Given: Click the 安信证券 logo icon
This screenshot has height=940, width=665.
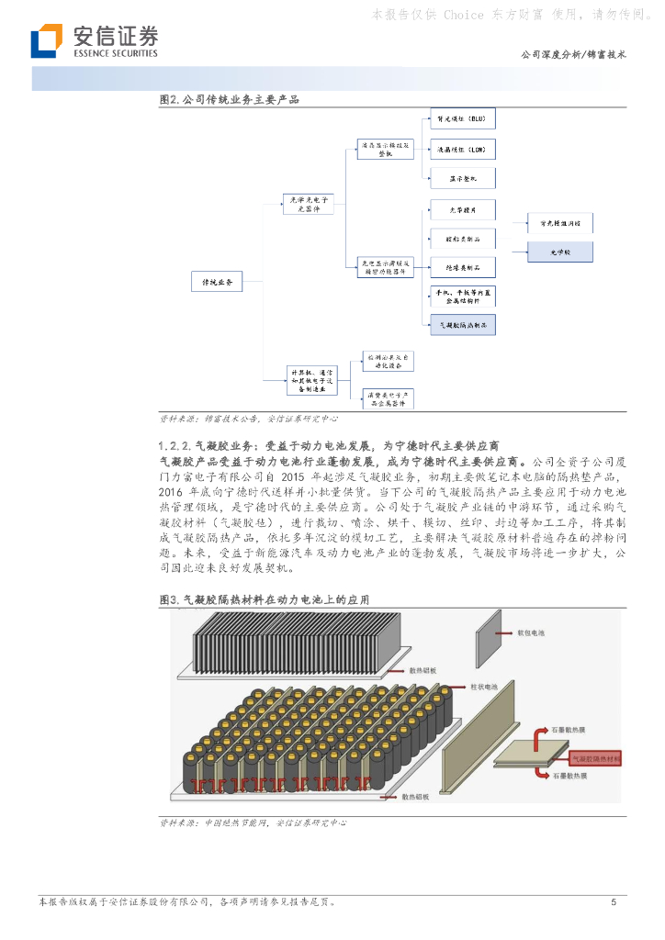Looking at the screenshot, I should (45, 41).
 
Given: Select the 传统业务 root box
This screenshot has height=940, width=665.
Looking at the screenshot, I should (217, 282).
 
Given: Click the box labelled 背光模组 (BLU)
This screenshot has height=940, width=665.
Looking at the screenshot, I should (463, 119).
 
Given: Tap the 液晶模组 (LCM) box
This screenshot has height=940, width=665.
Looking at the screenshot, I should (463, 149).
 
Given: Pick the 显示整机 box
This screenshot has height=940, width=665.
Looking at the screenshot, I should (463, 178).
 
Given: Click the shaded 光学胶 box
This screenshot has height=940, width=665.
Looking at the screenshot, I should (559, 251).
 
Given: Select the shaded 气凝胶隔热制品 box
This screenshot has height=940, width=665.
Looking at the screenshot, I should (463, 324).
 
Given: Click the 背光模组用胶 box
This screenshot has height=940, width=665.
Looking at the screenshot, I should (559, 222).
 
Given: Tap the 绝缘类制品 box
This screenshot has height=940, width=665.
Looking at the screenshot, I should (463, 267).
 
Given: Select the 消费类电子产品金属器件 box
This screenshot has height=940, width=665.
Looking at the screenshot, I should (387, 397).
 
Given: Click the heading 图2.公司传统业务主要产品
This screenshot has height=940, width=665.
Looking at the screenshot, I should (230, 99).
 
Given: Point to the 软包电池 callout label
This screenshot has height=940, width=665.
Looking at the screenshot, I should (532, 633).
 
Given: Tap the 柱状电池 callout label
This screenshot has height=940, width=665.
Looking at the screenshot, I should (484, 686).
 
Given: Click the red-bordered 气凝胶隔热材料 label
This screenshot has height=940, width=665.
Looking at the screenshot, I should (596, 759).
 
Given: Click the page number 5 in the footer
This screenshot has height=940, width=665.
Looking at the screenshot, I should (614, 903).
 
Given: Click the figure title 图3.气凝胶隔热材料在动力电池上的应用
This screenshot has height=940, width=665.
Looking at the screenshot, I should (265, 599).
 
